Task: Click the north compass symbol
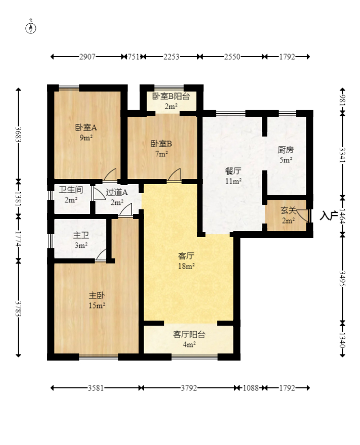click(31, 28)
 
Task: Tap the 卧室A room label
click(86, 127)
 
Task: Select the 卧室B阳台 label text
click(171, 96)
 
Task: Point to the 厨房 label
click(286, 150)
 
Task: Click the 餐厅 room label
click(233, 171)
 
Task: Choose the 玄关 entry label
click(288, 210)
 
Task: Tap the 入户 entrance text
click(329, 215)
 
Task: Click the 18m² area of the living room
click(187, 266)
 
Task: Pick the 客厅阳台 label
click(189, 334)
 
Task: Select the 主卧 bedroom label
click(97, 295)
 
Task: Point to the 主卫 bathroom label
click(81, 235)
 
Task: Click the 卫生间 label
click(71, 190)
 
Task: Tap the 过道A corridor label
click(117, 193)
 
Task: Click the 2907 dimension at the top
click(87, 57)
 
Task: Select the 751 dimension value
click(133, 57)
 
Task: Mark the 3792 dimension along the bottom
click(189, 388)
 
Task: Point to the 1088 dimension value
click(251, 388)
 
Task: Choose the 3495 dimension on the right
click(343, 279)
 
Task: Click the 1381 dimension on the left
click(18, 199)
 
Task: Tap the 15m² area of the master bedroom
click(97, 305)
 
